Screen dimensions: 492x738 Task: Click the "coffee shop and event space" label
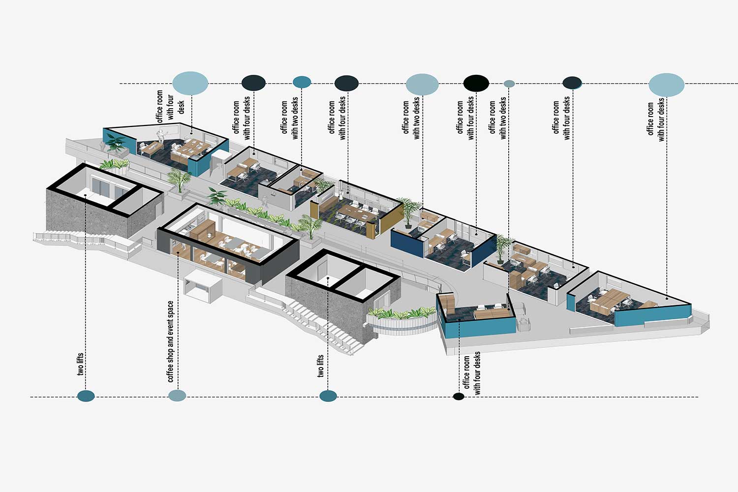coord(171,341)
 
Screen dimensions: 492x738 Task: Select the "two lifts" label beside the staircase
coord(320,366)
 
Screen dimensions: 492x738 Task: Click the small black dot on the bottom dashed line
coord(459,397)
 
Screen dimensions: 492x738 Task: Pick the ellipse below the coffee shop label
coord(177,396)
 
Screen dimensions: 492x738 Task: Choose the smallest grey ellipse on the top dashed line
coord(509,84)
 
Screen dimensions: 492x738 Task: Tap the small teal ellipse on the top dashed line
coord(302,82)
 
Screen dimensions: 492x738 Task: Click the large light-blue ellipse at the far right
coord(666,85)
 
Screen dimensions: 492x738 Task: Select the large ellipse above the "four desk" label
coord(190,83)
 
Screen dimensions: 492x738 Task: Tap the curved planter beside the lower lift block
coord(401,320)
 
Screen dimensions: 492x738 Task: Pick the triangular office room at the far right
coord(630,300)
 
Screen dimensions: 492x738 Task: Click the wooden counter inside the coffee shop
coord(202,231)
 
